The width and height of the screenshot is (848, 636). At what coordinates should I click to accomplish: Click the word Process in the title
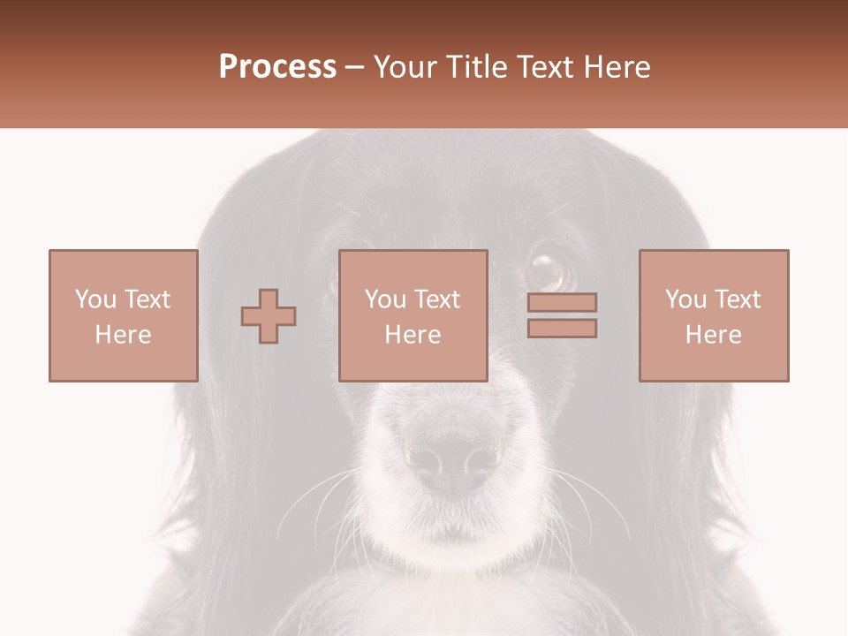277,67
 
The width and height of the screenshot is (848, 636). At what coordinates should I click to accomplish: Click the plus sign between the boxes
269,316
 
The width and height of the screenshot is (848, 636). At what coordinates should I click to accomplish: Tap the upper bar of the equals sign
562,302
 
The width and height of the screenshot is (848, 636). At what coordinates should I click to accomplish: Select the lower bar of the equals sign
562,329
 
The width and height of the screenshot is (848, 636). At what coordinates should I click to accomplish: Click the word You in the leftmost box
95,299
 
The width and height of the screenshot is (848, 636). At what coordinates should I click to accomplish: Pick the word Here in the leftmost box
123,335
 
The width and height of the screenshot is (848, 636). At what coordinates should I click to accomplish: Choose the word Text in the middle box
436,299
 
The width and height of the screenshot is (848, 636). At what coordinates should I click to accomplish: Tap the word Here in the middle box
413,335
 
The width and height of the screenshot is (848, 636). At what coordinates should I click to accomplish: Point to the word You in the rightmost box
685,299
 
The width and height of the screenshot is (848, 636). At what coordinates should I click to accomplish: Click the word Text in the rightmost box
737,299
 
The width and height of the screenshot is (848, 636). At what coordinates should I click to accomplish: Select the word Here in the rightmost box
713,335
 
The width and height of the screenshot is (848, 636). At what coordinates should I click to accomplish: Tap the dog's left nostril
428,460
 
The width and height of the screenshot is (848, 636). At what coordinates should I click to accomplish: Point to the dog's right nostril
478,460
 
